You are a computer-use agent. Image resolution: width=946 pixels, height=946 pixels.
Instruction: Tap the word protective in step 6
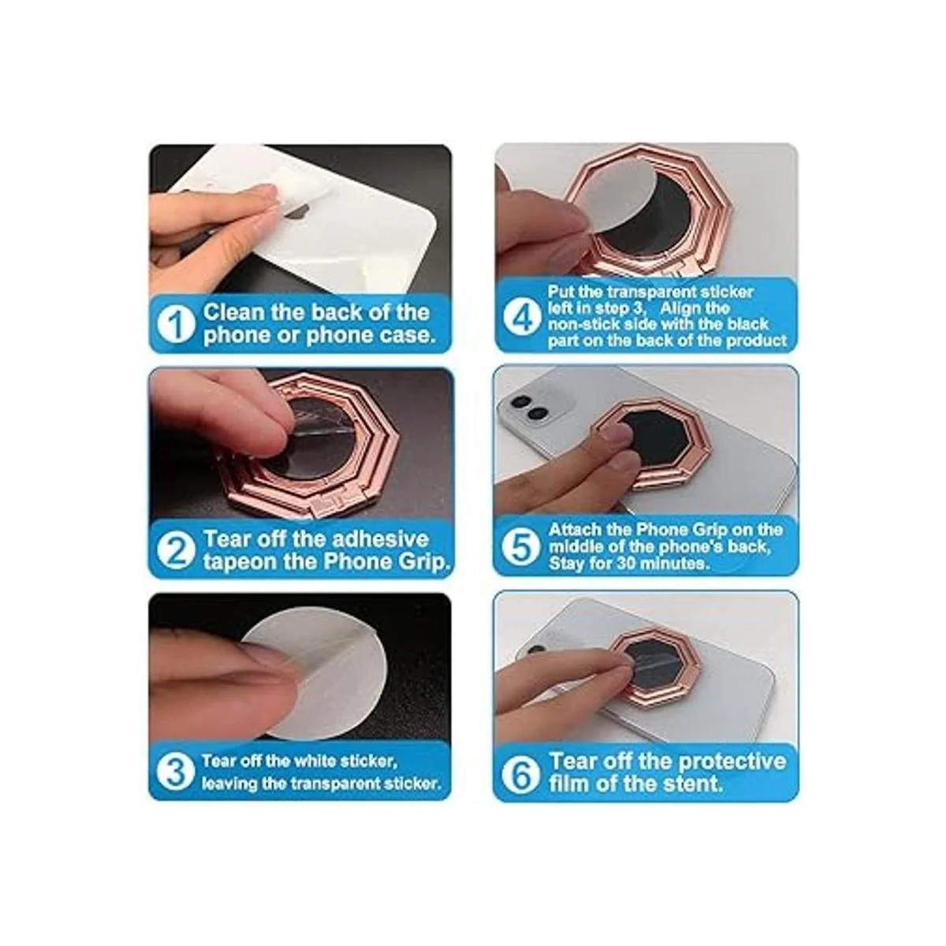(x=727, y=761)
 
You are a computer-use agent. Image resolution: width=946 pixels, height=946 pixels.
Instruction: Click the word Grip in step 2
(x=425, y=562)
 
